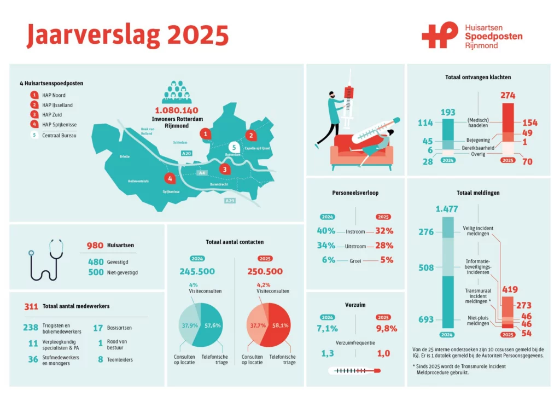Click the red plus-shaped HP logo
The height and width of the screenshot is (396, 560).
[x=440, y=34]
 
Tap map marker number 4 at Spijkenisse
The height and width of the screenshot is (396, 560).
[x=170, y=178]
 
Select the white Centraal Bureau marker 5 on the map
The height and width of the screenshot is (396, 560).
[x=234, y=148]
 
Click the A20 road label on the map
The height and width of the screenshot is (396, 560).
[x=186, y=153]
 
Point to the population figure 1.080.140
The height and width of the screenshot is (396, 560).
[x=177, y=110]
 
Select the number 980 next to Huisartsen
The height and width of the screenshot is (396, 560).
[x=95, y=246]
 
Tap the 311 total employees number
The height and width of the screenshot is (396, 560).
[x=31, y=306]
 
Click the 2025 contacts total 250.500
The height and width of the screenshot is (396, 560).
[x=265, y=271]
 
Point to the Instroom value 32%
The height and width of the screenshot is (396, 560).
[x=384, y=231]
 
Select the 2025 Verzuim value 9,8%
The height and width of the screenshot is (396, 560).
[x=387, y=329]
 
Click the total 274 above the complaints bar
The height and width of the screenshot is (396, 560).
[x=508, y=95]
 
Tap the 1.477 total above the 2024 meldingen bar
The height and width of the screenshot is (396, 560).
[x=447, y=209]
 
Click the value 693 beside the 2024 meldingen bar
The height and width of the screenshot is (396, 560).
[x=426, y=319]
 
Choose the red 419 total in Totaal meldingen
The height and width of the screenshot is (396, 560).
[x=510, y=289]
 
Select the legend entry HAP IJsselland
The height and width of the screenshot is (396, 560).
[x=57, y=105]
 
